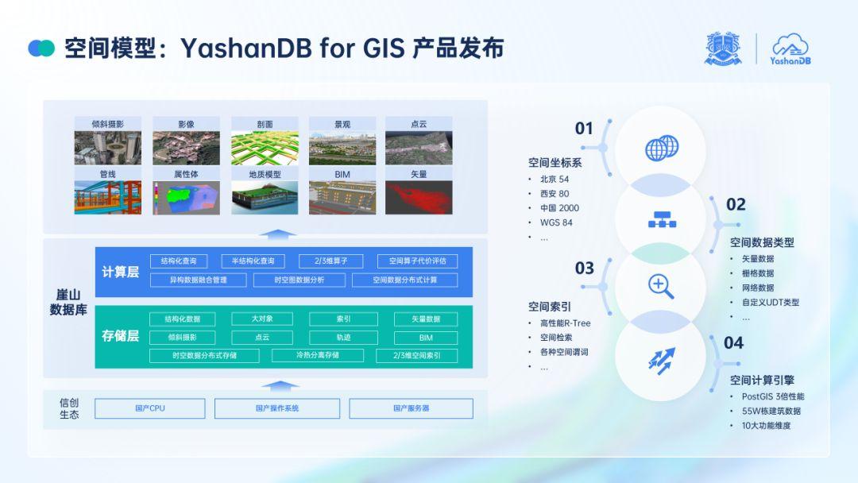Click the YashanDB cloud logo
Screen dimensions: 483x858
click(x=790, y=49)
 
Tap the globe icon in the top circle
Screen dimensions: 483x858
click(x=661, y=148)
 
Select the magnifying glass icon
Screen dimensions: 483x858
click(x=661, y=285)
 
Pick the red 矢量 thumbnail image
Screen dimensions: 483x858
click(x=419, y=198)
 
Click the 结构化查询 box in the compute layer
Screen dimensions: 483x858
click(x=179, y=261)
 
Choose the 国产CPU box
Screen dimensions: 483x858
click(x=150, y=408)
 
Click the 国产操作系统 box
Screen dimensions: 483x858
click(x=277, y=408)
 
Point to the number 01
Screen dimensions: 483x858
click(x=584, y=129)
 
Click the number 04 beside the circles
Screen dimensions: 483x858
click(x=733, y=343)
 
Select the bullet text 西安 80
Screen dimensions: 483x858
click(x=555, y=194)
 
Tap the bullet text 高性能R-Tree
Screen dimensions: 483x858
click(x=565, y=323)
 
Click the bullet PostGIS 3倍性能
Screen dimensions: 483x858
click(x=772, y=396)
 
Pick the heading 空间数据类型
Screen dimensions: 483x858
click(x=762, y=242)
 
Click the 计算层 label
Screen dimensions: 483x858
click(x=121, y=272)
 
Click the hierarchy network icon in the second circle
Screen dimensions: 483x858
click(x=662, y=218)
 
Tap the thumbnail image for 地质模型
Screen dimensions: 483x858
click(x=265, y=198)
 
